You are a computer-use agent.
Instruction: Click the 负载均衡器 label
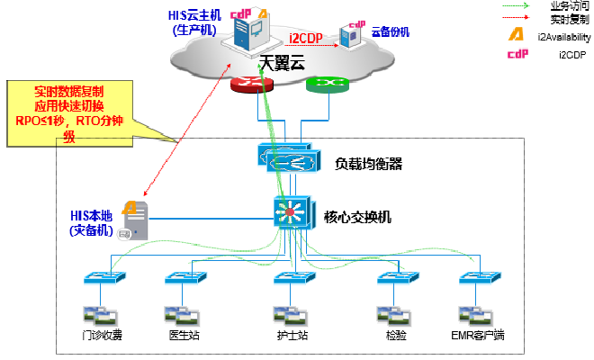(368, 164)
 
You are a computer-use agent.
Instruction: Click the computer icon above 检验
(388, 315)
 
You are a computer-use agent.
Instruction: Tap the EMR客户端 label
(478, 337)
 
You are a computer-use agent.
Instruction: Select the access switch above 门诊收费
(98, 278)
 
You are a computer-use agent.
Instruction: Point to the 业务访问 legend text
(564, 5)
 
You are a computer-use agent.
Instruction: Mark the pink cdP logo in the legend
(517, 56)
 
